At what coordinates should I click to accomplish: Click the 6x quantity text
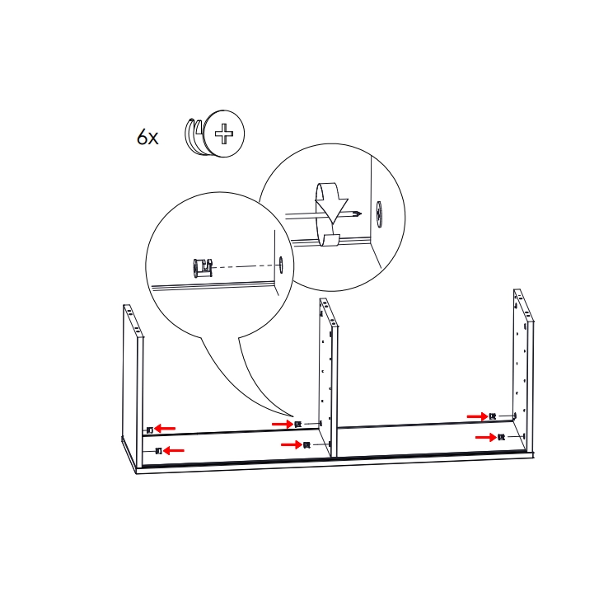point(147,137)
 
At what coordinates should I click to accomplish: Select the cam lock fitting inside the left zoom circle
point(202,267)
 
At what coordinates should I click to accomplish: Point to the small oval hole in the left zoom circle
point(280,264)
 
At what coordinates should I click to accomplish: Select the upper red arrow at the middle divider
point(281,424)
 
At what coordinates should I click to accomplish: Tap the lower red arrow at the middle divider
point(291,444)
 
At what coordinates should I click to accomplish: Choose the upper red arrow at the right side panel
point(477,416)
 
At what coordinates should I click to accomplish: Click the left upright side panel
point(133,371)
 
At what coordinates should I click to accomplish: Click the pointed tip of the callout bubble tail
point(292,416)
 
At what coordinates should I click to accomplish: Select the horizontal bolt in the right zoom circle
point(321,215)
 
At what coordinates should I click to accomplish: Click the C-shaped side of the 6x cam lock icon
point(194,135)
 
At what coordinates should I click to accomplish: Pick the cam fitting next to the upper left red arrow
point(149,430)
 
